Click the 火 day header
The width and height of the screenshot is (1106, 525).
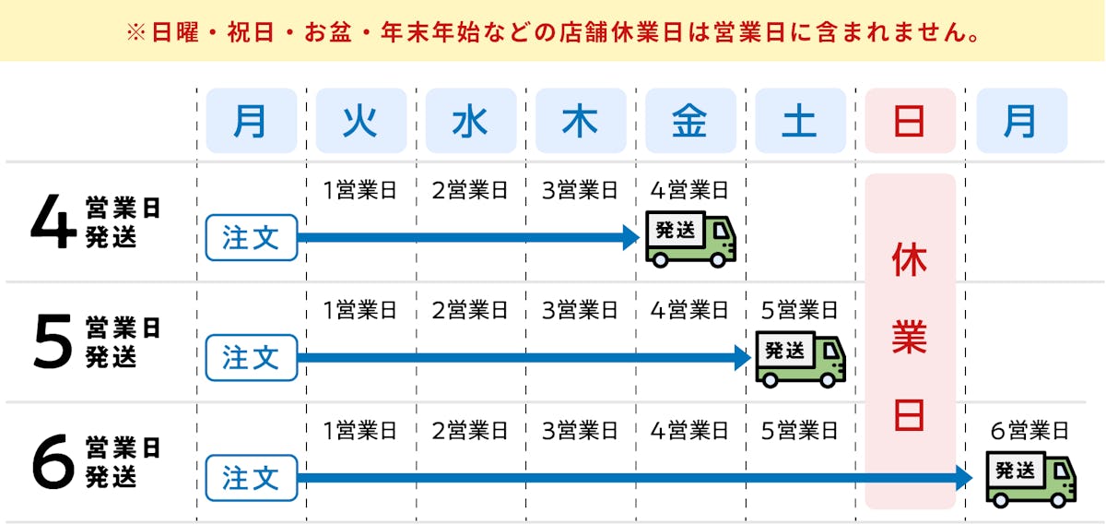click(360, 121)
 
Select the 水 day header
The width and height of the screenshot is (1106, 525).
click(470, 121)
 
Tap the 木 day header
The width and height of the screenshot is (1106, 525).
click(580, 121)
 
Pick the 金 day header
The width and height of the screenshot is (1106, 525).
click(689, 121)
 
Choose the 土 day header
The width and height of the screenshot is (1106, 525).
click(799, 121)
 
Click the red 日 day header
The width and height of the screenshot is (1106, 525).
click(910, 121)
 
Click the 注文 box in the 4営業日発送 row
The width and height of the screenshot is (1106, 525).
click(251, 237)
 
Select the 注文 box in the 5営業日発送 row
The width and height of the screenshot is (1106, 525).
click(251, 357)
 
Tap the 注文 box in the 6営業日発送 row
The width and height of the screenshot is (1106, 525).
click(251, 477)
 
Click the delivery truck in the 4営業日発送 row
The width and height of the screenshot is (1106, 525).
click(690, 239)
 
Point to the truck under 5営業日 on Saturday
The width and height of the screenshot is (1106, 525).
click(800, 359)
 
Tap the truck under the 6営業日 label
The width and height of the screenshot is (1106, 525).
click(1030, 479)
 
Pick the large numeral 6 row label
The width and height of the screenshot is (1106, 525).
click(52, 463)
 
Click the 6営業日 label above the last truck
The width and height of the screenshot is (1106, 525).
click(1030, 430)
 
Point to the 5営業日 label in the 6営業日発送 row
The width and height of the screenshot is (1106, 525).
click(798, 430)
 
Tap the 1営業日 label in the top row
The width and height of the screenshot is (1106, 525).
click(359, 191)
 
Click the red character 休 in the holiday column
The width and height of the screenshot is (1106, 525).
click(909, 261)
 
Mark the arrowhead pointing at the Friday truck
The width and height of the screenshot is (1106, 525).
click(631, 237)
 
